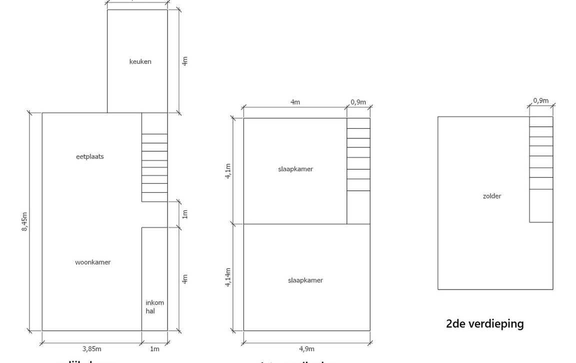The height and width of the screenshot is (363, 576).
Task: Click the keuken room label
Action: [140, 62]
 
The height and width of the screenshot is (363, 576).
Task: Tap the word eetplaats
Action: [90, 156]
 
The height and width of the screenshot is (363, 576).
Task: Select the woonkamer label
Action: [93, 262]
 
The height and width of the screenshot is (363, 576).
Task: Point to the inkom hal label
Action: [154, 307]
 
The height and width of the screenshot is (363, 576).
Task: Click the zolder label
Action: [492, 196]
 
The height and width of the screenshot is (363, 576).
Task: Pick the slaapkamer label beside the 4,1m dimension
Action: [295, 169]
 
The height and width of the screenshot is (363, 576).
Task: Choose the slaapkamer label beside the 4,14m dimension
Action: [305, 280]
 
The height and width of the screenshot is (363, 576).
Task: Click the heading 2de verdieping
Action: [484, 324]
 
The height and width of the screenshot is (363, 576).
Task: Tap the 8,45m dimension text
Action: [24, 222]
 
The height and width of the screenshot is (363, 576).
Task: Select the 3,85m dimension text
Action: [91, 349]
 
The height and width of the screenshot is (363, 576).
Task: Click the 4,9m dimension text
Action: [307, 349]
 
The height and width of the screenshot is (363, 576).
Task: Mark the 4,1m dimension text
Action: [228, 171]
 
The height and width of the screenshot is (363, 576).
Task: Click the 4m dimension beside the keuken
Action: [184, 61]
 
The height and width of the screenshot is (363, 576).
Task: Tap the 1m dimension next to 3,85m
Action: [154, 349]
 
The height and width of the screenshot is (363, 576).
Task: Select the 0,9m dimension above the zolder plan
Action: [540, 100]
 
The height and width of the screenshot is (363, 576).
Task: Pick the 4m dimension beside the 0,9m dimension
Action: [295, 102]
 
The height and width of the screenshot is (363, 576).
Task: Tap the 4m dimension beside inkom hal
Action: [184, 279]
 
